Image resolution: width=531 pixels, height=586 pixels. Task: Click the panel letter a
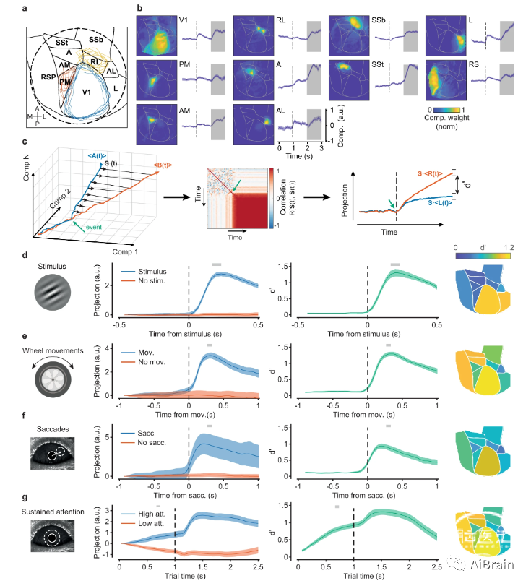pos(26,8)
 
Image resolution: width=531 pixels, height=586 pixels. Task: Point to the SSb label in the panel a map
pos(95,37)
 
